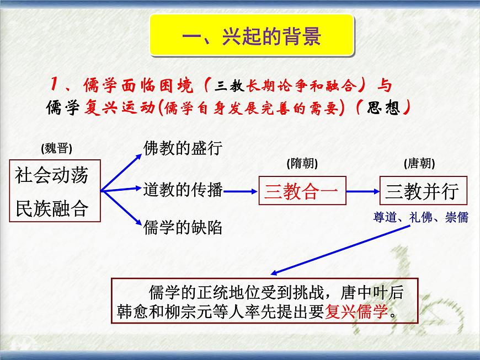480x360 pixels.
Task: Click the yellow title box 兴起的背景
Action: [x=251, y=37]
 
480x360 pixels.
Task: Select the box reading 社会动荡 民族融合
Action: [x=55, y=191]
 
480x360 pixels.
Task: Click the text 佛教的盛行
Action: [x=182, y=148]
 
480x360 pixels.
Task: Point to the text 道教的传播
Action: [x=182, y=190]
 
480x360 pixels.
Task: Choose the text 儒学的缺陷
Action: [x=182, y=227]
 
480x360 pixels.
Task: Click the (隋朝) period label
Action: [x=302, y=164]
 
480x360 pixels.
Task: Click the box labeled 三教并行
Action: [x=422, y=191]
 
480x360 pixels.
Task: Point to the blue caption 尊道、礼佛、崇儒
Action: [x=420, y=218]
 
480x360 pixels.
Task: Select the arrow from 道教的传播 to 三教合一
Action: [x=242, y=191]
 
